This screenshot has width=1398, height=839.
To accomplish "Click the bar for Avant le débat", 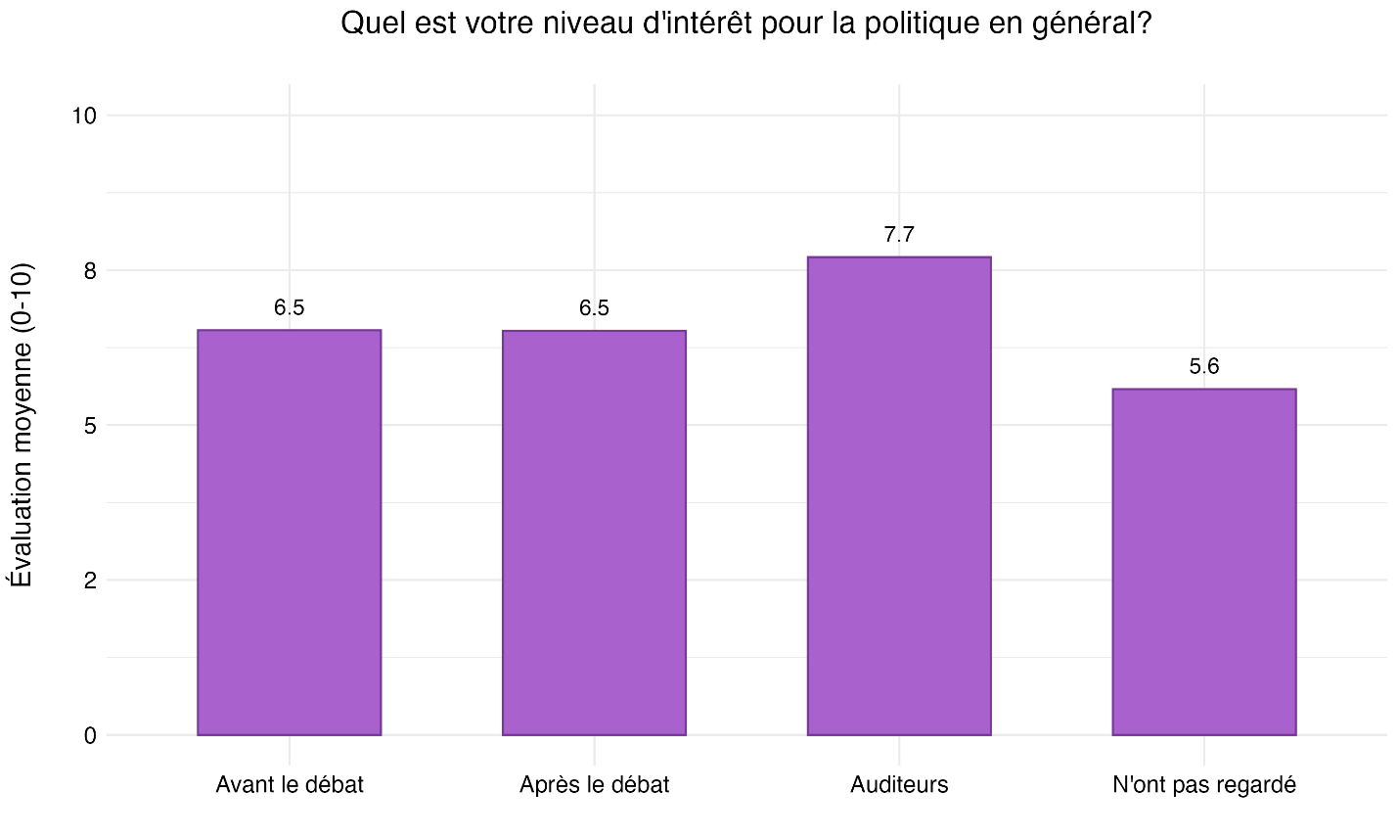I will pos(289,533).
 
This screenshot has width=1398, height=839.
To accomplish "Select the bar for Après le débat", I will pos(594,533).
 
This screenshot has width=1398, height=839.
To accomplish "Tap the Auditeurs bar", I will pos(899,496).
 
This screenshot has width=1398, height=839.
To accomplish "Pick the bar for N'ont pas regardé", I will pos(1203,562).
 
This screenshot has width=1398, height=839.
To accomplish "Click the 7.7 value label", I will pos(899,235).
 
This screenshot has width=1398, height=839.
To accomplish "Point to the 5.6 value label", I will pos(1203,367).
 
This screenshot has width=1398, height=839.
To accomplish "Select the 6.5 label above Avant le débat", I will pos(289,308).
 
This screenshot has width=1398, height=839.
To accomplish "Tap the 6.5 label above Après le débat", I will pos(594,308).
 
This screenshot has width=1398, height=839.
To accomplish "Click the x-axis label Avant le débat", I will pos(289,785).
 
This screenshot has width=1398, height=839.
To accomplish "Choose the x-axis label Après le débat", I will pos(594,785).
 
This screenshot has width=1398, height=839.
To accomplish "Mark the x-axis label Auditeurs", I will pos(899,785).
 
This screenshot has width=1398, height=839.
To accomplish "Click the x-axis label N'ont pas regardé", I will pos(1203,785).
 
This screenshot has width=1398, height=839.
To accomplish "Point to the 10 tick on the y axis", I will pos(84,116).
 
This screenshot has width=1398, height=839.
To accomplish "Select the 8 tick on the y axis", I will pos(90,271).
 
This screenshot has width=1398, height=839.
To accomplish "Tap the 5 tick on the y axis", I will pos(90,426).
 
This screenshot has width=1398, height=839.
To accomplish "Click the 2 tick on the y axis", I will pos(90,581).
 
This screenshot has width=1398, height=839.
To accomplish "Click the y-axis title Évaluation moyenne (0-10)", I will pos(22,425).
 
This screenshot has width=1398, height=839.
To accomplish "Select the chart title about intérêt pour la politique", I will pos(745,23).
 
